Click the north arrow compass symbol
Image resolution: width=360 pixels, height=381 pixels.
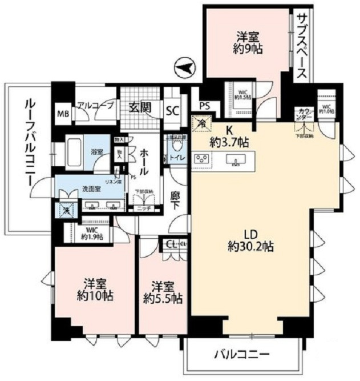coord(184,68)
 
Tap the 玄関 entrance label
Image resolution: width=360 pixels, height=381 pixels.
coord(139,106)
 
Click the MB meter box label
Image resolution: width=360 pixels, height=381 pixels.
coord(62,113)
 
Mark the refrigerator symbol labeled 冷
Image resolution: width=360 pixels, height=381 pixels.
coord(201,122)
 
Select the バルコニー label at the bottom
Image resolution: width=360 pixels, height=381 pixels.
coord(242,353)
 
